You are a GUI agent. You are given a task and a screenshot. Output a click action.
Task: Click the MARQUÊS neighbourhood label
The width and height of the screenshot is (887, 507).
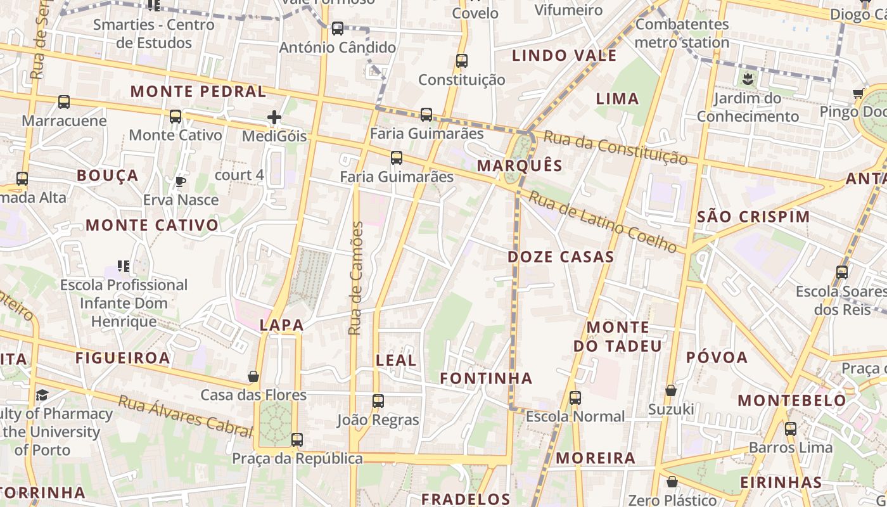pyautogui.click(x=520, y=165)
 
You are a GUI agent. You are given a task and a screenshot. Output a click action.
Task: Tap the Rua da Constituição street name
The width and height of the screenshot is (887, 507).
pyautogui.click(x=615, y=147)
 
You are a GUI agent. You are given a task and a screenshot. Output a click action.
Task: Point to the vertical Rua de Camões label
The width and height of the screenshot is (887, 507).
pyautogui.click(x=356, y=278)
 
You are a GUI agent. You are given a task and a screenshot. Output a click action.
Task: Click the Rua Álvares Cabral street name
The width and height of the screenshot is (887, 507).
pyautogui.click(x=186, y=416)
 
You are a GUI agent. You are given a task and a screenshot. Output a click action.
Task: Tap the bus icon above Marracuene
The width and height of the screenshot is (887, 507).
pyautogui.click(x=64, y=102)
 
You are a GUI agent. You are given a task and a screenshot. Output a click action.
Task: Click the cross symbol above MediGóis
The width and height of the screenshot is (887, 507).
pyautogui.click(x=274, y=117)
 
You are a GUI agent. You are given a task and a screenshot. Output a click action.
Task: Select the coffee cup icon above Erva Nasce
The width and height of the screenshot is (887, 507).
pyautogui.click(x=181, y=182)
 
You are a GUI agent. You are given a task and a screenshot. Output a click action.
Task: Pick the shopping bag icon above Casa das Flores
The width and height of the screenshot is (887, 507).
pyautogui.click(x=253, y=377)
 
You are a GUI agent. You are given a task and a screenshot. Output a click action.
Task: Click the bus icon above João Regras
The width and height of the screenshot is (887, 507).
pyautogui.click(x=378, y=401)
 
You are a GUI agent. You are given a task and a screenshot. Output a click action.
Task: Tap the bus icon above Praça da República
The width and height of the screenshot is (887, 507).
pyautogui.click(x=297, y=439)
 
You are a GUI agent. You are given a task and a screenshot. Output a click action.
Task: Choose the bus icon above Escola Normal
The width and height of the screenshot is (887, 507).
pyautogui.click(x=575, y=398)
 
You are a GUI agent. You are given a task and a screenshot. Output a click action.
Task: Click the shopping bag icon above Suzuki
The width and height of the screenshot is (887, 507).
pyautogui.click(x=671, y=390)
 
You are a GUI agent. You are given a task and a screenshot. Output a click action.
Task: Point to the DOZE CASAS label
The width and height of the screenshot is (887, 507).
pyautogui.click(x=561, y=257)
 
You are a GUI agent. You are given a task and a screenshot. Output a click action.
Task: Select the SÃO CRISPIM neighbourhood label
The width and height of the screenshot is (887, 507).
pyautogui.click(x=753, y=217)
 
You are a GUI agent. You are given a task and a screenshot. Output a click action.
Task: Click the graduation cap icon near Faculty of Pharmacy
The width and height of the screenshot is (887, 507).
pyautogui.click(x=42, y=395)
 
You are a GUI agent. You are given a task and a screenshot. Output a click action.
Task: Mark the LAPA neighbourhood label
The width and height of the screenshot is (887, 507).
pyautogui.click(x=282, y=325)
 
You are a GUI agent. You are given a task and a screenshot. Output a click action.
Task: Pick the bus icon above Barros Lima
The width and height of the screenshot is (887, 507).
pyautogui.click(x=791, y=428)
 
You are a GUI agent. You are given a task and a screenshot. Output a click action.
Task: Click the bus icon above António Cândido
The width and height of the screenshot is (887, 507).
pyautogui.click(x=338, y=29)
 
